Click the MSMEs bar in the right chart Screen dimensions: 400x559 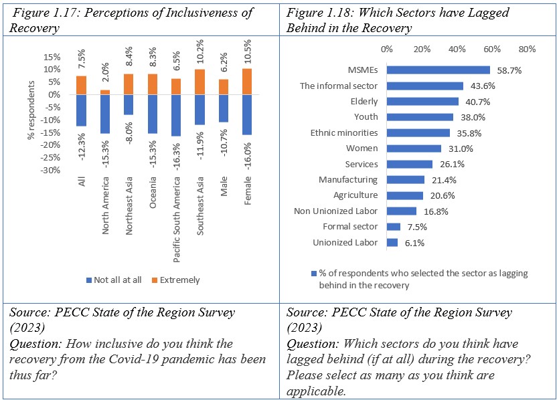point(438,70)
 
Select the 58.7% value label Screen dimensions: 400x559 point(507,70)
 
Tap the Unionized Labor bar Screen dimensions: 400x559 point(392,242)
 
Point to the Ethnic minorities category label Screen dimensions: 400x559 point(344,133)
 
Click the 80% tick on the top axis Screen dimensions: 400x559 point(527,49)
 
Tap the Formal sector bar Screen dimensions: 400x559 point(394,227)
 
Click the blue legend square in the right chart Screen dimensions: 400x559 point(313,274)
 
